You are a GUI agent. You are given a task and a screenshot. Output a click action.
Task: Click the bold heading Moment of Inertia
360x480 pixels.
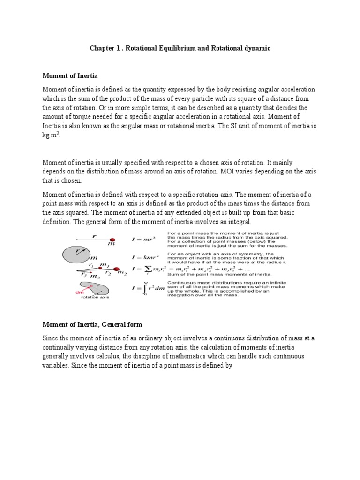click(70, 75)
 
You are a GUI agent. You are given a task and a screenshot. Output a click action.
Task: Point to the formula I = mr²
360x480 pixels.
click(142, 240)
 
